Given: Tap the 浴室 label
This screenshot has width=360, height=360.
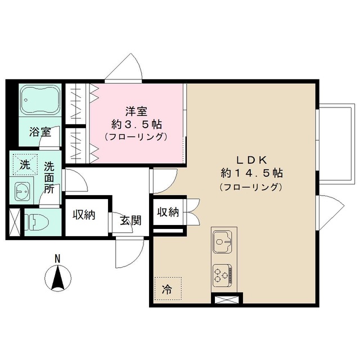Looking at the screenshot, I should click(40, 133).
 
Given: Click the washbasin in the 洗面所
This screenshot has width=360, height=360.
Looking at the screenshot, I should click(22, 192).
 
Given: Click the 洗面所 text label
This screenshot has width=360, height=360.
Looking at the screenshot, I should click(49, 178).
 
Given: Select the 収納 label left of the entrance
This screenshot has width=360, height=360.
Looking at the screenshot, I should click(83, 214).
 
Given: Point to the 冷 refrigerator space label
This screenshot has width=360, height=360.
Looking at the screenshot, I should click(166, 291).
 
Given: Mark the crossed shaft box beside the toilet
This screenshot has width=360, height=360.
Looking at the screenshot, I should click(14, 222).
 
